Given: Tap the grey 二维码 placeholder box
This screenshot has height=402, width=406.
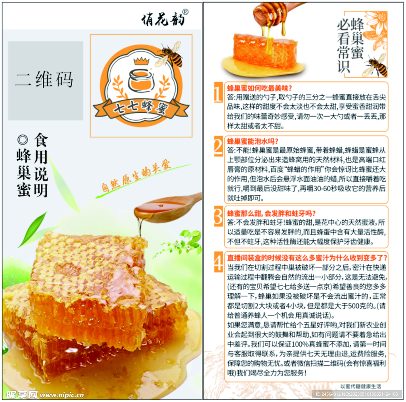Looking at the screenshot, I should click(45, 80).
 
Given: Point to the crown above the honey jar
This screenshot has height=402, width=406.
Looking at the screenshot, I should click(140, 62).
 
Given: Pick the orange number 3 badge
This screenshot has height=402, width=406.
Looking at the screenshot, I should click(218, 217).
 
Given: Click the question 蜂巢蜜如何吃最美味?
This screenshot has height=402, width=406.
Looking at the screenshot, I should click(259, 88).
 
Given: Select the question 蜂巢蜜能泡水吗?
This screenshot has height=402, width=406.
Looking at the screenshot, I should click(253, 141).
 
